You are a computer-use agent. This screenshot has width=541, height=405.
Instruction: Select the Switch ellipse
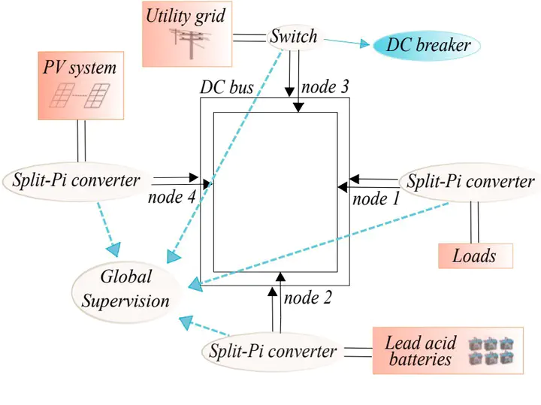click(x=293, y=36)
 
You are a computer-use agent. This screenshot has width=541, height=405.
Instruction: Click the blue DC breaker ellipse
click(x=427, y=45)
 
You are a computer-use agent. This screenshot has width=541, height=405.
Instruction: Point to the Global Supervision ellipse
click(x=125, y=289)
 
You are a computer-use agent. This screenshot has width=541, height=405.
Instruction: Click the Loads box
click(x=474, y=255)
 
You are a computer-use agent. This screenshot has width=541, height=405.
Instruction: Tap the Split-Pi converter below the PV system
click(x=76, y=180)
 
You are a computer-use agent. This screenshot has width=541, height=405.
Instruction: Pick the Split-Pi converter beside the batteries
click(x=273, y=351)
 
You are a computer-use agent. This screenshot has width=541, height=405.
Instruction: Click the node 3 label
click(x=325, y=86)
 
